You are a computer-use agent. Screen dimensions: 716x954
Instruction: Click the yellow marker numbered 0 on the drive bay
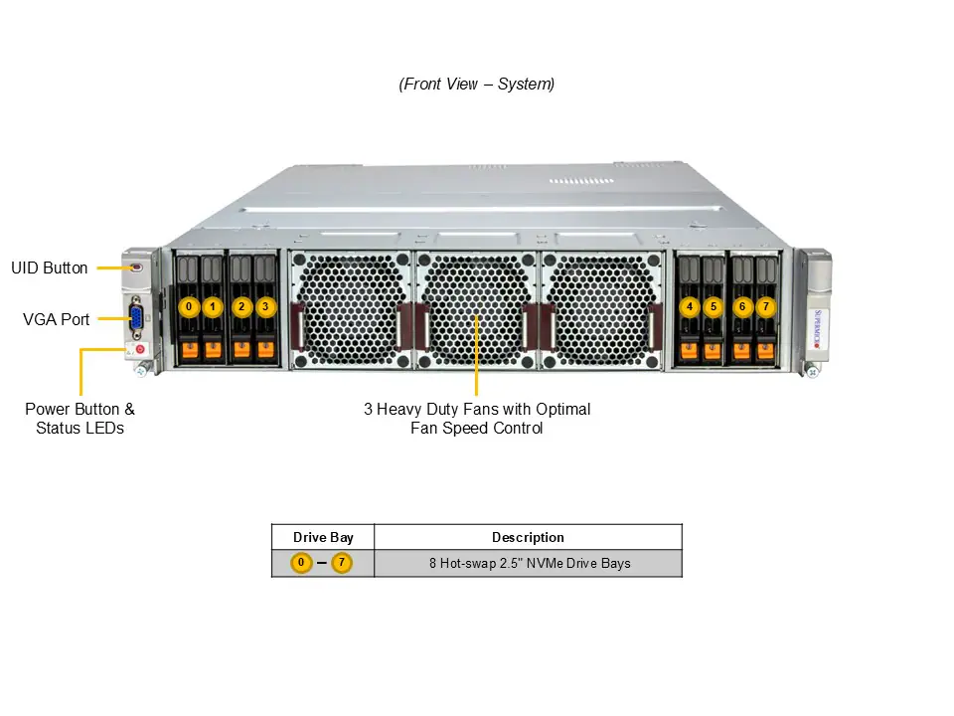189,306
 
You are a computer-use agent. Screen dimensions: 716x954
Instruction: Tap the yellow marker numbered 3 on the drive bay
264,306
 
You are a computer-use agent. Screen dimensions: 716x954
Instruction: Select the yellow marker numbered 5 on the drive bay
713,306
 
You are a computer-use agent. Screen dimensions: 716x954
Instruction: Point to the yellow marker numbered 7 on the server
764,306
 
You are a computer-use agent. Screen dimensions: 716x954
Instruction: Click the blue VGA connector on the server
136,319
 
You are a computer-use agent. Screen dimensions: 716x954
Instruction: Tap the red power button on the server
140,349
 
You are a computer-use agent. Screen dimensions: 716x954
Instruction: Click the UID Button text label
50,268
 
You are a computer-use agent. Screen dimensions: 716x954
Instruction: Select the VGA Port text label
57,320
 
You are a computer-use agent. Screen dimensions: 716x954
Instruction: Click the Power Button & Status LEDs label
79,419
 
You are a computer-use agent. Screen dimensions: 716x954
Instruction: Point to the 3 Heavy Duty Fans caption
477,419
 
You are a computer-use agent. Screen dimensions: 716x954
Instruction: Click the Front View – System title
477,85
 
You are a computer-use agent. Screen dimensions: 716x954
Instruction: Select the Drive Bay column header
323,538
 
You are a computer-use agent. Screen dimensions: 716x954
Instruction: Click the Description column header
528,538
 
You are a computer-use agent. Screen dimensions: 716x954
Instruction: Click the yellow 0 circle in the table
301,564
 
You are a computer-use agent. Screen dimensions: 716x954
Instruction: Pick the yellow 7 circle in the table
342,564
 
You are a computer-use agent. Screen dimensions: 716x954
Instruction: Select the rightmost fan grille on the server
600,308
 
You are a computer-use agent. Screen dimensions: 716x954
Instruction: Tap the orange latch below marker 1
213,349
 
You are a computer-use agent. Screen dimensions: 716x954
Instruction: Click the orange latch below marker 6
741,349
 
